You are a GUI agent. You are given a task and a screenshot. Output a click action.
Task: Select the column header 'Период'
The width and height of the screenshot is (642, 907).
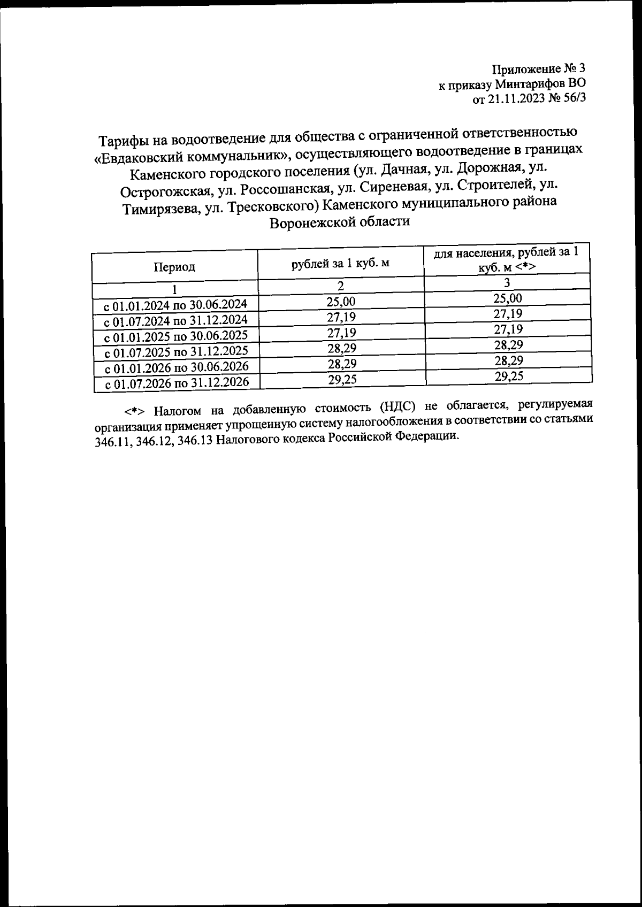[x=174, y=267]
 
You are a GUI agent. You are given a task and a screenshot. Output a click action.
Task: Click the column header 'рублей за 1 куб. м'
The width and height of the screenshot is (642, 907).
[x=340, y=263]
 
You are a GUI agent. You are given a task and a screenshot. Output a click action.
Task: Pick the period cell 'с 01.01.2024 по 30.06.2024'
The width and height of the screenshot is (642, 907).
[x=175, y=305]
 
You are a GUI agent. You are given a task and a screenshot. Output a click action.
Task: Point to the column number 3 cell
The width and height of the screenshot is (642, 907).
[x=507, y=282]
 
